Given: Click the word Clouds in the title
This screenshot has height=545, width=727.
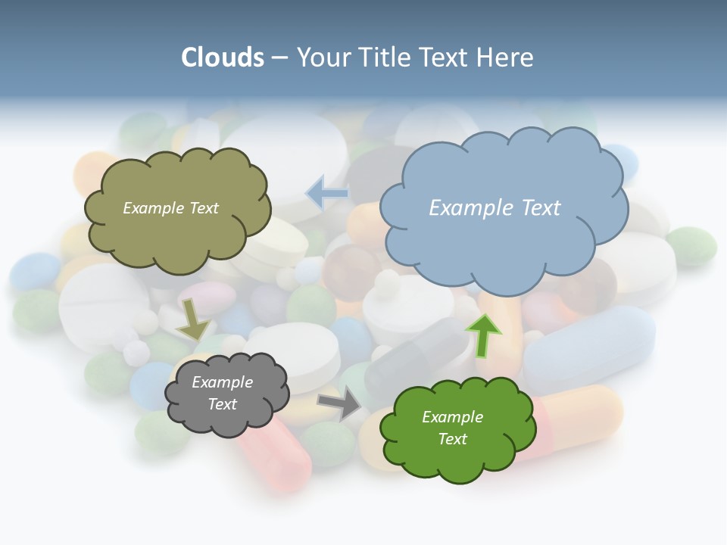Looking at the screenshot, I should tap(223, 58).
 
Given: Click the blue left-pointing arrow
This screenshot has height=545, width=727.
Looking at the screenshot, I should tap(326, 193).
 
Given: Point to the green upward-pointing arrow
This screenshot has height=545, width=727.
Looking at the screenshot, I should tap(482, 335).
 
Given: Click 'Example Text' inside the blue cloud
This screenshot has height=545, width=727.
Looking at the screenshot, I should tap(495, 207).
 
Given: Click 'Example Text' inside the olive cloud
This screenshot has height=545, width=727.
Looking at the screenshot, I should tap(170, 208).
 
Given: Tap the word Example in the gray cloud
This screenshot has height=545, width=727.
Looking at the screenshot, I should tap(222, 382).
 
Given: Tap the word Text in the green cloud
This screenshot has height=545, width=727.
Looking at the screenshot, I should tap(452, 439).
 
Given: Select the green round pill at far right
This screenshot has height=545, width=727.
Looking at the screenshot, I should tap(691, 245).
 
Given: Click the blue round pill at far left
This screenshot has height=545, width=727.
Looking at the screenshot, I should tap(35, 271).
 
